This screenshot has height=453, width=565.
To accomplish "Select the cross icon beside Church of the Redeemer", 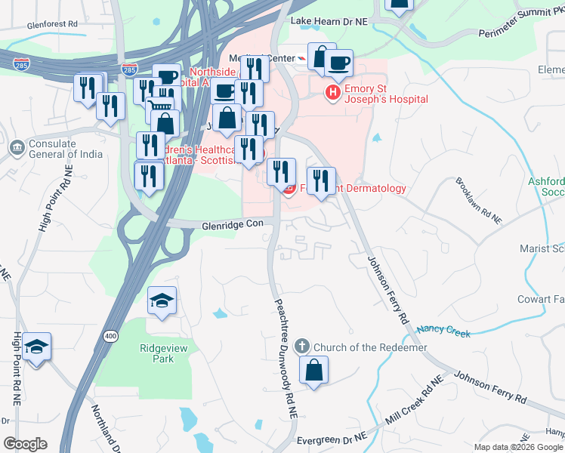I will [x=301, y=347].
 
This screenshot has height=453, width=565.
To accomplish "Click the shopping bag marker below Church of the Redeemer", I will [x=314, y=370].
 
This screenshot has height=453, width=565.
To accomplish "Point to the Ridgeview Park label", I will [x=157, y=353].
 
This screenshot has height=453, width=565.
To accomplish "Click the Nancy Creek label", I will [x=443, y=331].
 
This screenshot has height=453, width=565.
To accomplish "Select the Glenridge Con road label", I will [x=233, y=224].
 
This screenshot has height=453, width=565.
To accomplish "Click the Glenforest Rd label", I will [x=52, y=24].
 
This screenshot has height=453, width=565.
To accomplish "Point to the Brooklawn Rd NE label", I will [x=478, y=200].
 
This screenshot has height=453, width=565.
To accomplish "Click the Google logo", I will [x=25, y=444].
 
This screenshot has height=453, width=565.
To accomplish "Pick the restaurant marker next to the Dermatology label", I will [x=322, y=180].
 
